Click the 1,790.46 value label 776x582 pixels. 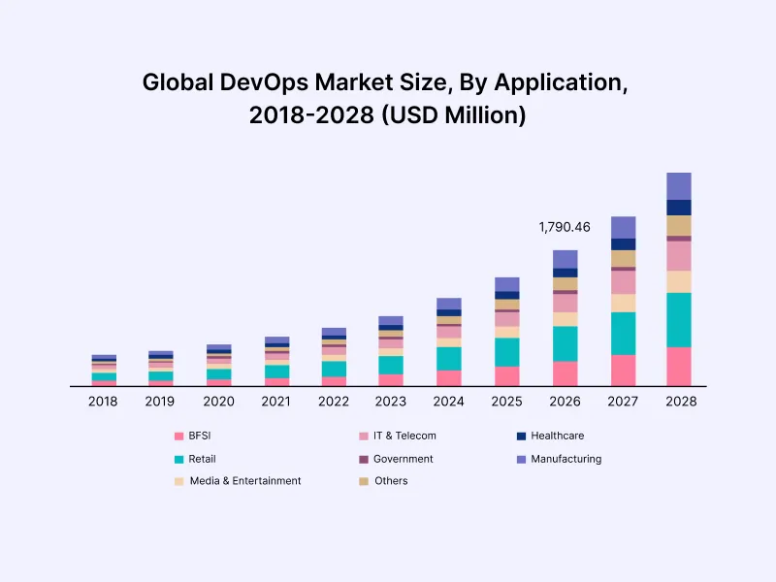[x=565, y=227]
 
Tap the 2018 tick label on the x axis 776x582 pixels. [x=103, y=401]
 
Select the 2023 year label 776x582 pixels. [x=391, y=401]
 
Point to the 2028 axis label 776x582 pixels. [x=679, y=401]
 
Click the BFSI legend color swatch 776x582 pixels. [x=178, y=436]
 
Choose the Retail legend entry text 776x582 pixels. [x=203, y=459]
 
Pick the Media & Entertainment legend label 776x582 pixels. [x=245, y=481]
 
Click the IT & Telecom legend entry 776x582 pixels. [x=404, y=436]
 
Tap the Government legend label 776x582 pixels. [x=403, y=459]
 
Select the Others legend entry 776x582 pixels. [x=391, y=481]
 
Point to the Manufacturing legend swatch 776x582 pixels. [x=522, y=459]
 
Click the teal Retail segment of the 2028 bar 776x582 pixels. [x=679, y=319]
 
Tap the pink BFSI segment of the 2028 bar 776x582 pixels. [x=679, y=366]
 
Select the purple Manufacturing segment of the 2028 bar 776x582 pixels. [x=679, y=185]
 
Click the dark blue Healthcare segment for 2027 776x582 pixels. [x=623, y=244]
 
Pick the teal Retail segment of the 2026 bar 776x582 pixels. [x=566, y=343]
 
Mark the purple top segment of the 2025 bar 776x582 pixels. [x=507, y=284]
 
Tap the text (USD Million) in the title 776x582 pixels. [x=454, y=115]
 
